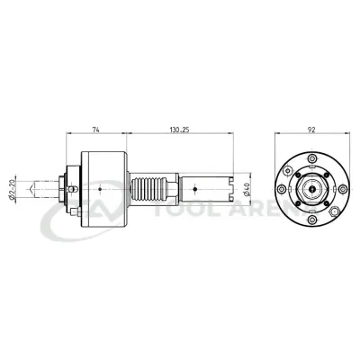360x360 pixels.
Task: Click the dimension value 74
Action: (x=97, y=130)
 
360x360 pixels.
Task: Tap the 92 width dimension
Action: (x=310, y=130)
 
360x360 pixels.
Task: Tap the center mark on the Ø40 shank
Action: (x=195, y=190)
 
